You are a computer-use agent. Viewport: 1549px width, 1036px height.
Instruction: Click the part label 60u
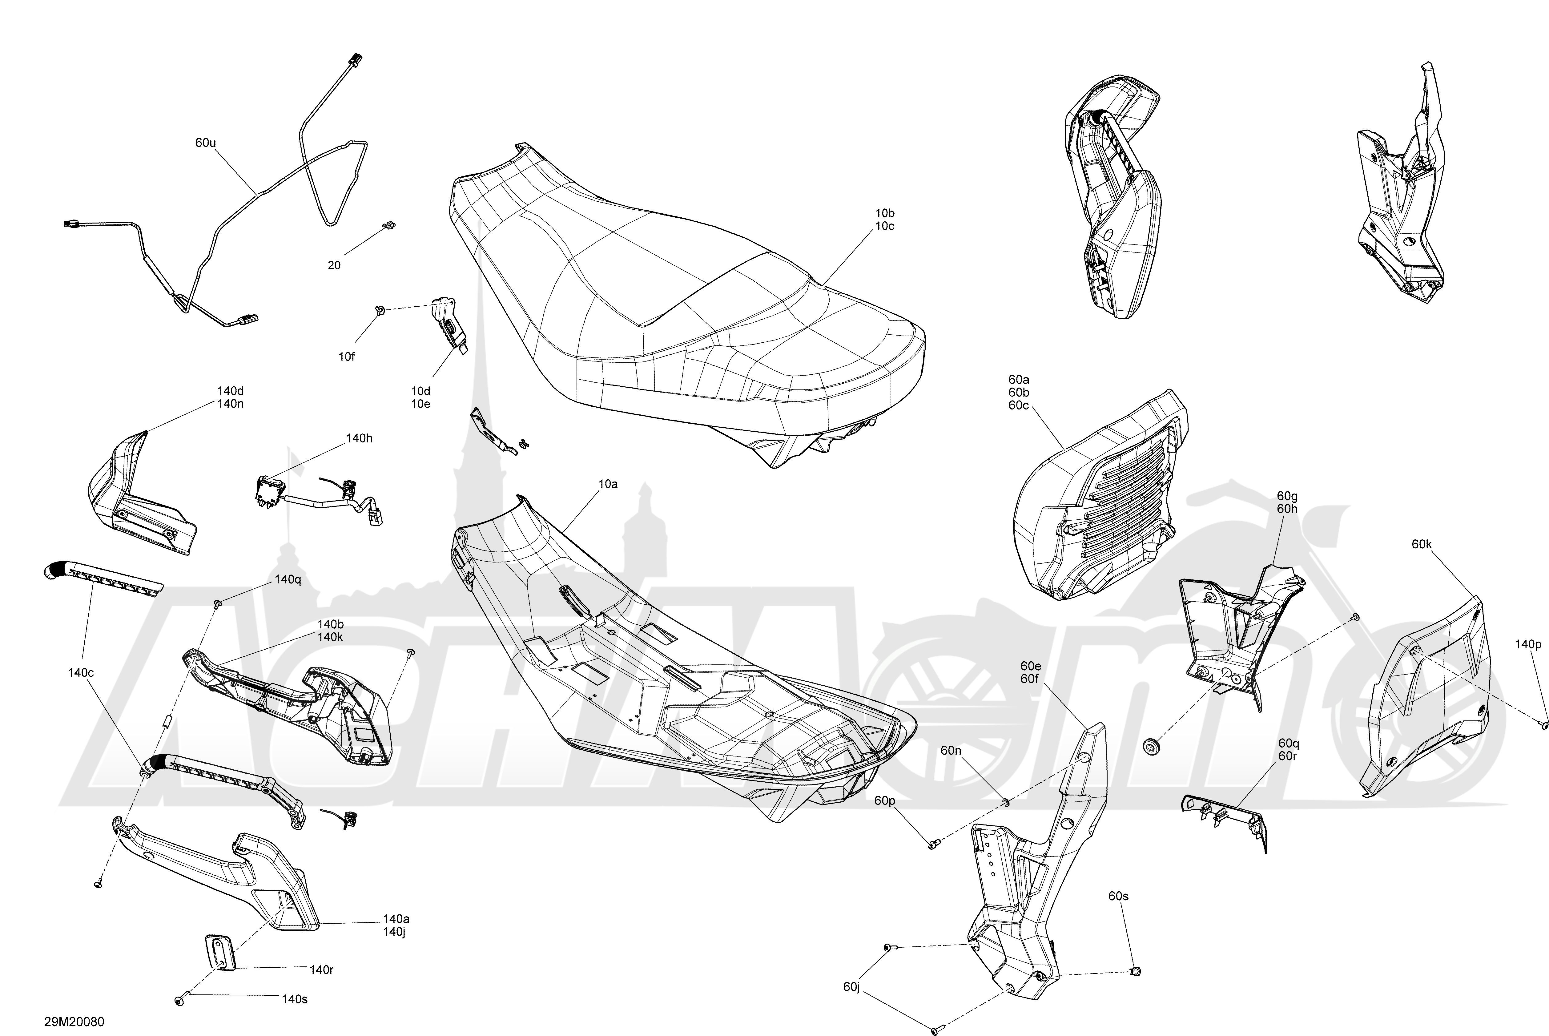coord(205,143)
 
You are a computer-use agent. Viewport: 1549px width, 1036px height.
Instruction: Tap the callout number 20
coord(334,265)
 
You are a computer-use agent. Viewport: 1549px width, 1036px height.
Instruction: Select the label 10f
coord(347,357)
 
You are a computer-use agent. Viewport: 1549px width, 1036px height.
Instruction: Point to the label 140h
coord(359,438)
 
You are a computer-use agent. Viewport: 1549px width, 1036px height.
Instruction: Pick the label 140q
coord(288,579)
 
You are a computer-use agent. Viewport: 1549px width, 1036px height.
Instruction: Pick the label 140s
coord(295,999)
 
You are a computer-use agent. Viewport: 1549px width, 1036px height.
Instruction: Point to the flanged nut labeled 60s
coord(1136,971)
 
